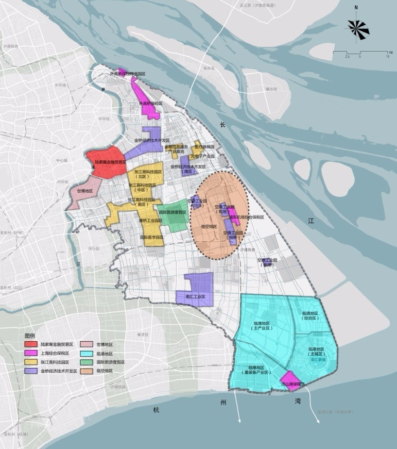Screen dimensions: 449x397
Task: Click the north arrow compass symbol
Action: click(359, 28)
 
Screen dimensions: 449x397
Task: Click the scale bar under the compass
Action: click(360, 52)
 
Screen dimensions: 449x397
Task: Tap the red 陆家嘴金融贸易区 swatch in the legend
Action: click(30, 344)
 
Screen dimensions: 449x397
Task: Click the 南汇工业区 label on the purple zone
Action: click(194, 297)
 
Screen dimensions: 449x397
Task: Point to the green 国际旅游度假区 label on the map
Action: click(172, 212)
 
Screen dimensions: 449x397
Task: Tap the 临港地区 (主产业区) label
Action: click(262, 326)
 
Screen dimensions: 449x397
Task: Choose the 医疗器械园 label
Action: click(204, 147)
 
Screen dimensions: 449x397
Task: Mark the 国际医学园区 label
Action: click(151, 238)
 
